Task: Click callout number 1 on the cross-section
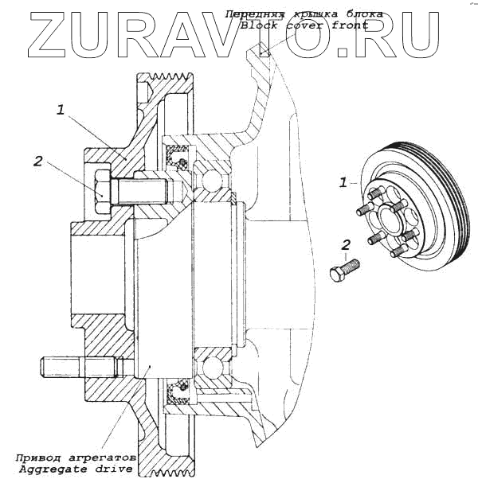[61, 111]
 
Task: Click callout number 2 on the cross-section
[37, 161]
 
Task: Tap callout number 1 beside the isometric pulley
[343, 182]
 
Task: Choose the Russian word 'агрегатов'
[103, 459]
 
